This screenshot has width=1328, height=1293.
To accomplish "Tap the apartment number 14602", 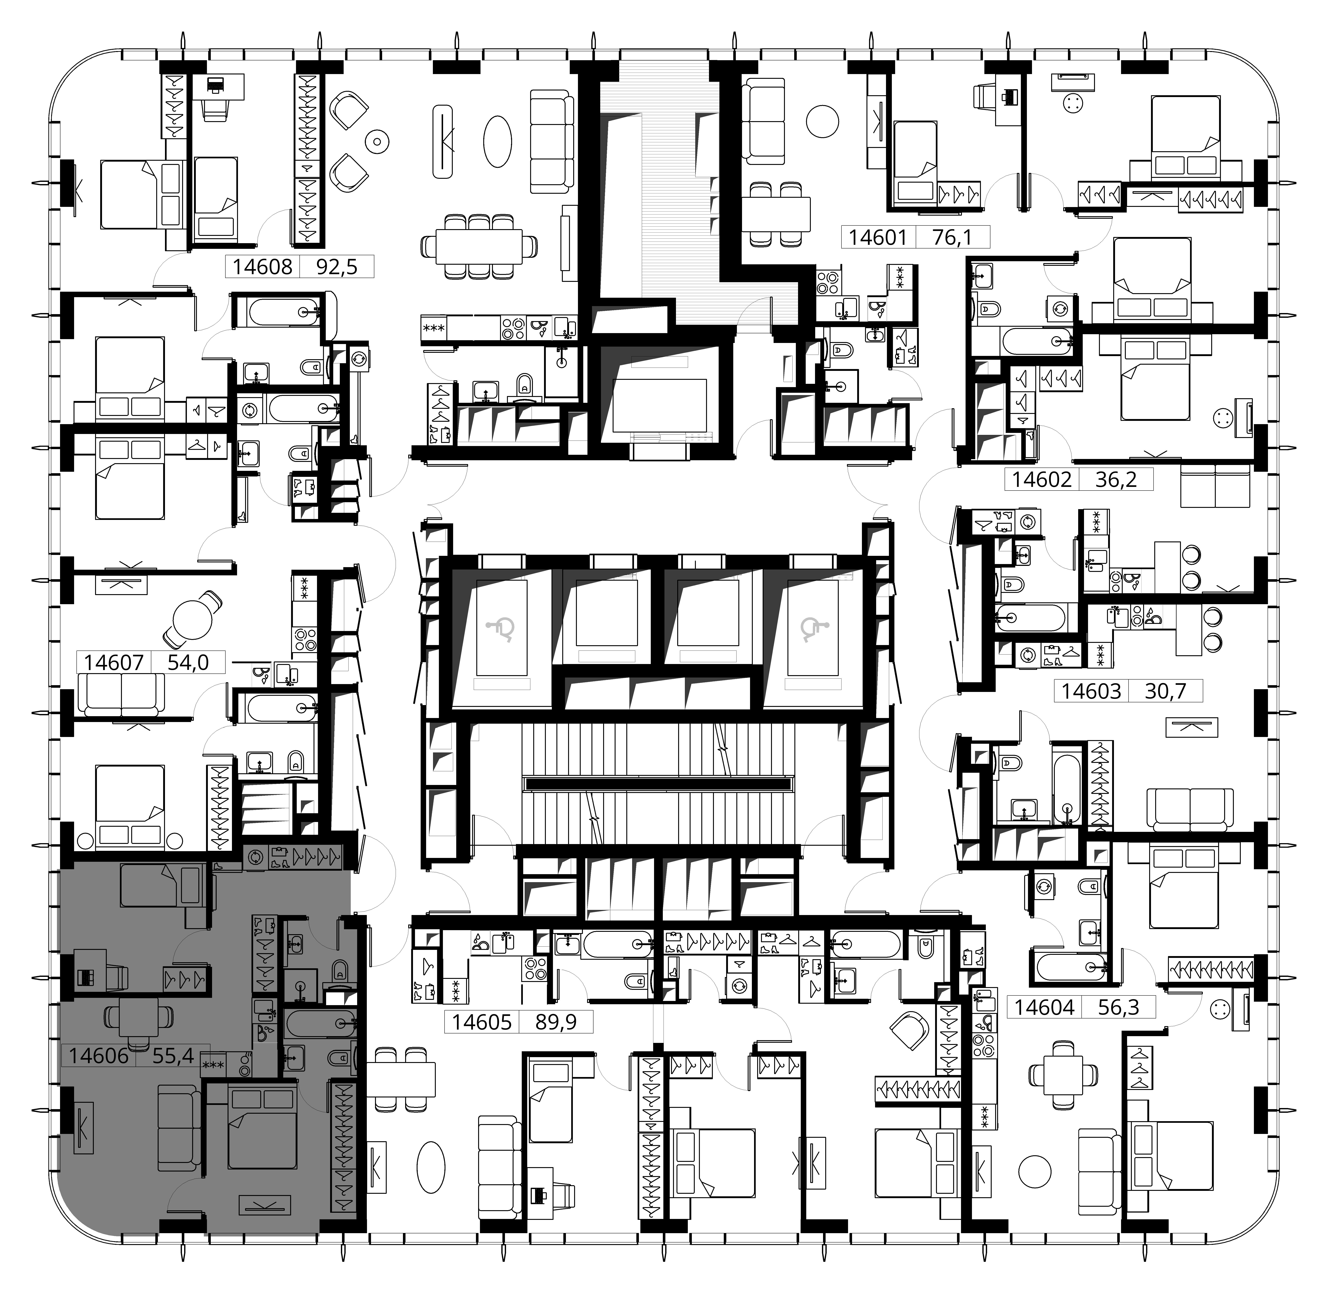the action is click(x=1041, y=479).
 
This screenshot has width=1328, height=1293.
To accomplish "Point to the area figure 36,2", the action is click(x=1116, y=479).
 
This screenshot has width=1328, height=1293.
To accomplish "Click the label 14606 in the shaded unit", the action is click(x=99, y=1056).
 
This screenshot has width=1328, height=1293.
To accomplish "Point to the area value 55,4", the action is click(x=173, y=1056).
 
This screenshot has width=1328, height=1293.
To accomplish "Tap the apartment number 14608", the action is click(x=262, y=266).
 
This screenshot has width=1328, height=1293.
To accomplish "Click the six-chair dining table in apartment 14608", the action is click(x=479, y=246).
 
